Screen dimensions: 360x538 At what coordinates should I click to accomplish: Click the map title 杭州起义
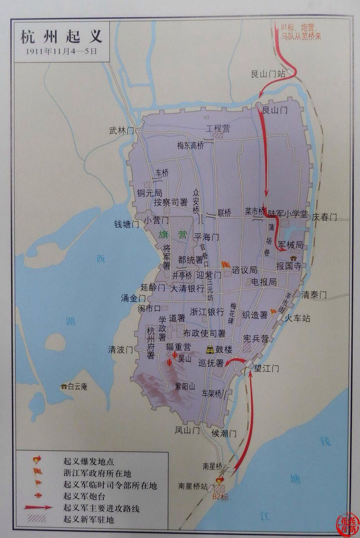pos(62,37)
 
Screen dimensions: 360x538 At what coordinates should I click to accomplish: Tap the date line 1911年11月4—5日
pos(62,51)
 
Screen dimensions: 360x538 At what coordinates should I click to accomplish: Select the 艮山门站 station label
pos(268,74)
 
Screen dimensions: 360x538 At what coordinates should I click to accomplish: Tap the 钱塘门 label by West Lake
pos(126,224)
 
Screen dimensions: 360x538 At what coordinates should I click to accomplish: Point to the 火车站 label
pos(297,318)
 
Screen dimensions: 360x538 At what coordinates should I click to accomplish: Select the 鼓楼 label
pos(224,349)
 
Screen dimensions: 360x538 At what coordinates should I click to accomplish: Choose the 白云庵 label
pos(77,387)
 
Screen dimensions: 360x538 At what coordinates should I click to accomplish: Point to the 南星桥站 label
pos(193,486)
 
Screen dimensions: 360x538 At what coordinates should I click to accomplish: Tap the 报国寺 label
pos(288,266)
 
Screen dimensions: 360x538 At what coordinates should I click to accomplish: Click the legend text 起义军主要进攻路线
pos(101,508)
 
